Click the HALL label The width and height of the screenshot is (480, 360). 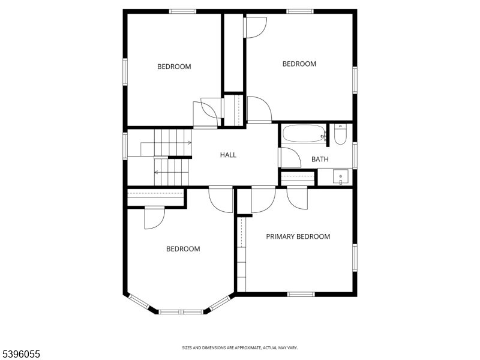pos(228,155)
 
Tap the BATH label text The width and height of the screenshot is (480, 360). pos(320,160)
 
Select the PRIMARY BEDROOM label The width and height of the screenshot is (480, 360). pos(298,236)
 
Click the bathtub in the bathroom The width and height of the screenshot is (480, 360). pos(304,134)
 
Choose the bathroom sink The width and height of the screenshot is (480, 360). pos(341,178)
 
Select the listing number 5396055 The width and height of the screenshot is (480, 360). pos(21,355)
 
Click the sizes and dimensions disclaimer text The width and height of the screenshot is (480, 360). pos(240,348)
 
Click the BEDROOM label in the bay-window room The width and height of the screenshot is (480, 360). pos(183,249)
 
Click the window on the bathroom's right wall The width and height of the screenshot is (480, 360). pos(355,155)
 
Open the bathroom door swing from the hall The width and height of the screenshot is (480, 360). pos(290,158)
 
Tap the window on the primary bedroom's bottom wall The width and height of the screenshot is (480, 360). pos(301,294)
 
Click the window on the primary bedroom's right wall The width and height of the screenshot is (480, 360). pos(355,256)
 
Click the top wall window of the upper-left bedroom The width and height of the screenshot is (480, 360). pos(182,11)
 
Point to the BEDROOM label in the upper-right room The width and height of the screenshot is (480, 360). pos(299,64)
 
